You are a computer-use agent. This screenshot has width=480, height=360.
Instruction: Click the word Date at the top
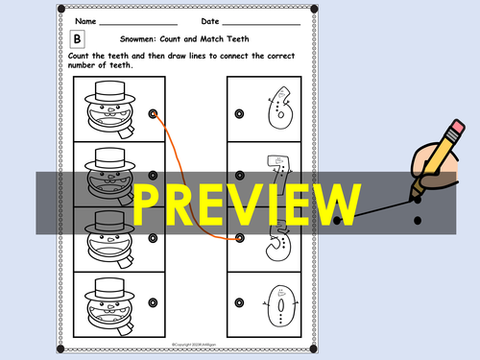(x=210, y=19)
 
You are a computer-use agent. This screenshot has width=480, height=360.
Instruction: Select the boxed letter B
(x=79, y=39)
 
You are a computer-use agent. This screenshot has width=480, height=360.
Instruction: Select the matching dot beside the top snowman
(x=153, y=113)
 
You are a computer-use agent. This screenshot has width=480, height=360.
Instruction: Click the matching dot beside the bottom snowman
(x=153, y=309)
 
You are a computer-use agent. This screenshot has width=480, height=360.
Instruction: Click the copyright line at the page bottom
(x=197, y=342)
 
